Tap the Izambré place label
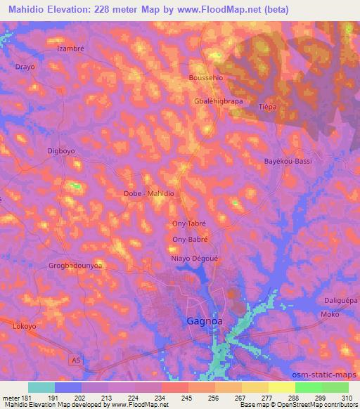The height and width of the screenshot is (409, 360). (x=70, y=51)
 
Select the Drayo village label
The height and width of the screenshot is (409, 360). (x=25, y=67)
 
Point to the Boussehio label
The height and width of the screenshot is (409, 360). (x=206, y=78)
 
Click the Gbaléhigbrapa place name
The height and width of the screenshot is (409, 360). (x=218, y=100)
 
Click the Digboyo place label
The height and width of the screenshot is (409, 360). (x=60, y=151)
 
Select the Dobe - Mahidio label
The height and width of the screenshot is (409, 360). (x=148, y=193)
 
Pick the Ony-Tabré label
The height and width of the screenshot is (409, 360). (x=189, y=223)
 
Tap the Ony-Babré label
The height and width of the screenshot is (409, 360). (x=189, y=240)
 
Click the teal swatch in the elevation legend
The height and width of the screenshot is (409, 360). (x=41, y=387)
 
